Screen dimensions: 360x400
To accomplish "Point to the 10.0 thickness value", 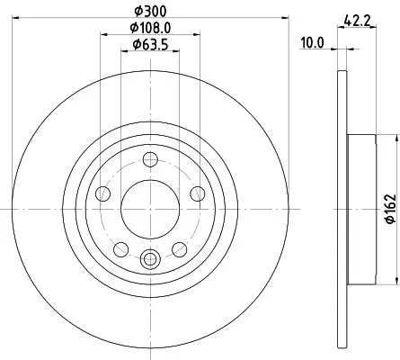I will click(312, 40).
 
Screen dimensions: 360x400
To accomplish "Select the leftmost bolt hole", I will click(103, 193).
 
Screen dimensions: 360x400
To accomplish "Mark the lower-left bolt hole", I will click(120, 247).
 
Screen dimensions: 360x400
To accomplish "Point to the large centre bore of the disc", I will click(149, 208).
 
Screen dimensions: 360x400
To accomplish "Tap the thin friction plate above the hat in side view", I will click(342, 99).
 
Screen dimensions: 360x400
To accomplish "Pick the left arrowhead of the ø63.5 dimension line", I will click(124, 51).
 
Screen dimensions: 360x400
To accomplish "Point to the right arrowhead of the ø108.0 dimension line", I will click(197, 35).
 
